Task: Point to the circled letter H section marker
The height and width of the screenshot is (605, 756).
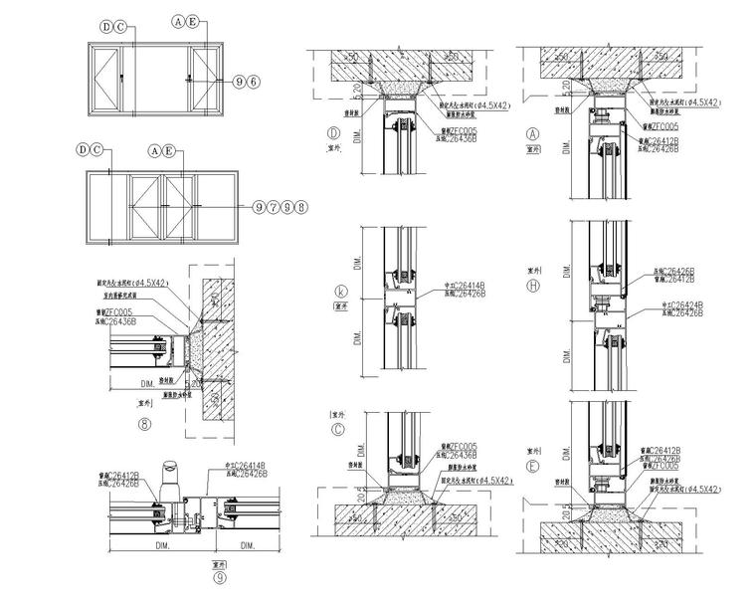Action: pos(533,286)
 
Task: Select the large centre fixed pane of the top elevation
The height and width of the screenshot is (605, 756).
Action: pos(156,79)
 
